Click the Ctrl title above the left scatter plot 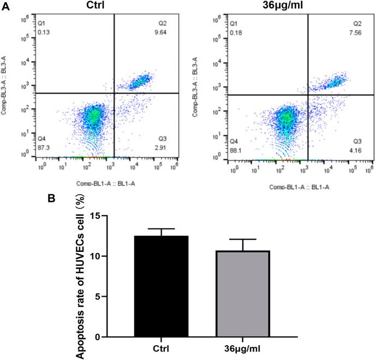point(97,5)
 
